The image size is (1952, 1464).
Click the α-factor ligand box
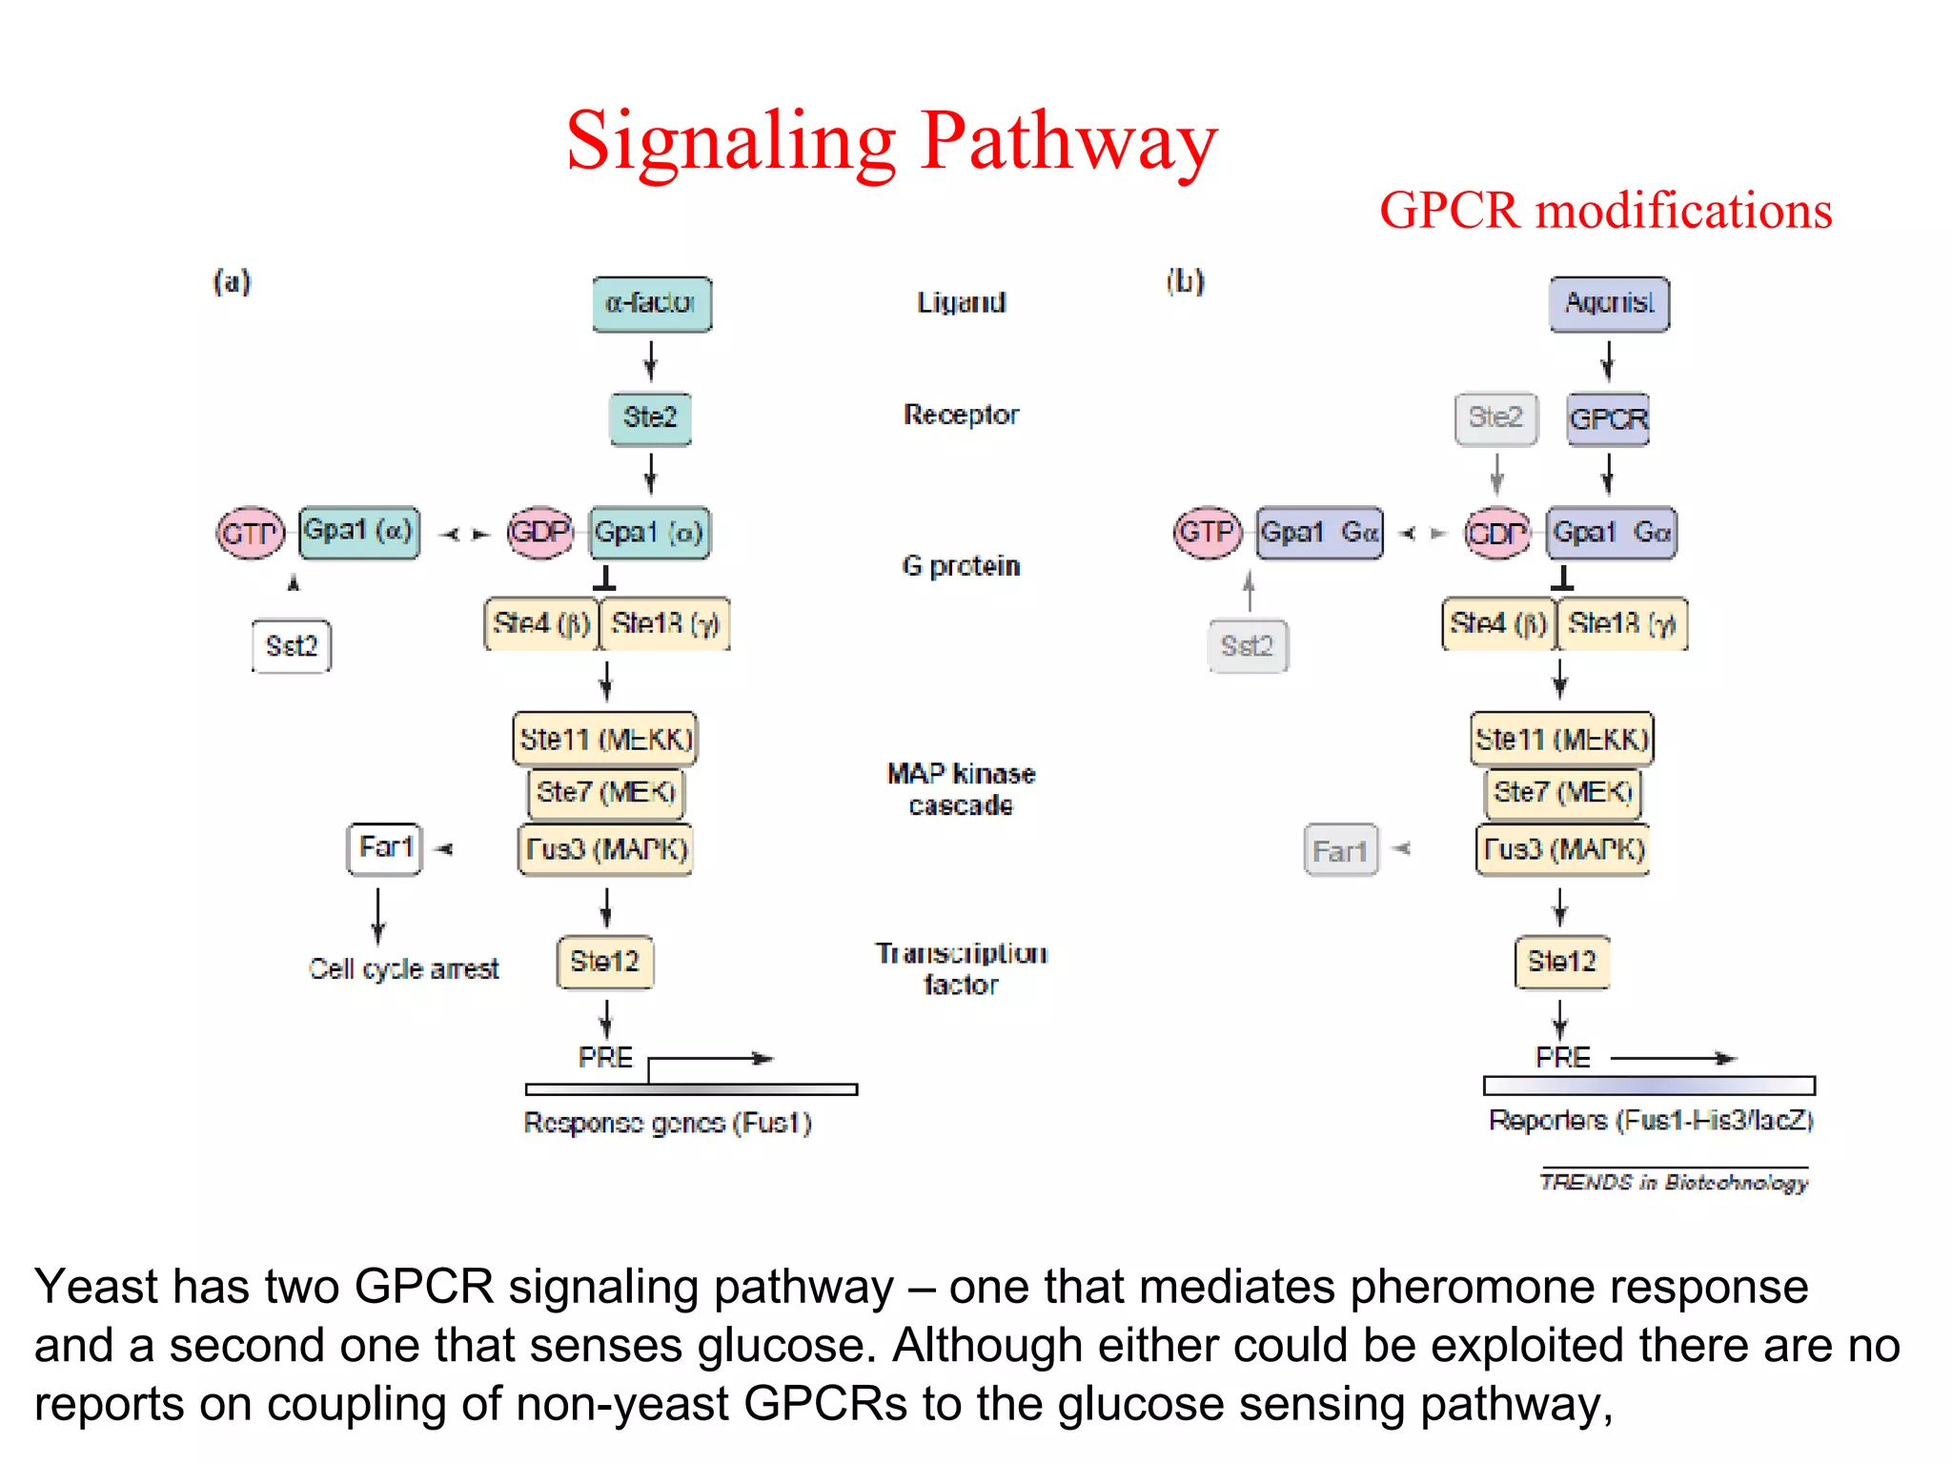[x=651, y=304]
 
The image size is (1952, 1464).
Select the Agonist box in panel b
[x=1609, y=304]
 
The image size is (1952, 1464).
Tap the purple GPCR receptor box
[x=1608, y=418]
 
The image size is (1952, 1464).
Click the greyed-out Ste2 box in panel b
[x=1495, y=418]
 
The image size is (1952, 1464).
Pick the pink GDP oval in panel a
[x=539, y=532]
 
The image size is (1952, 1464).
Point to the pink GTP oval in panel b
[x=1208, y=532]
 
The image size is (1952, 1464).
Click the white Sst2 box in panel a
[x=292, y=646]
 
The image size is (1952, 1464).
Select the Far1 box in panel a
[x=384, y=848]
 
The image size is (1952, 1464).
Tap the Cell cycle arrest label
[x=403, y=969]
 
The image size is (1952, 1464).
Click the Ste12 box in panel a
[x=605, y=962]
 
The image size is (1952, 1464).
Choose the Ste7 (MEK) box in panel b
[x=1563, y=793]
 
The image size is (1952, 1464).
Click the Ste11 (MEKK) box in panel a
[x=605, y=739]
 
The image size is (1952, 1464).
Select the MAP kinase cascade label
[x=961, y=789]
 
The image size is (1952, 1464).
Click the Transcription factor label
[x=961, y=968]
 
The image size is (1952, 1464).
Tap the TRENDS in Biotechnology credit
[x=1674, y=1182]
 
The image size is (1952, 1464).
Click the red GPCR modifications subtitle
[x=1605, y=211]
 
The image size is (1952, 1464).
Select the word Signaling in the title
[x=731, y=143]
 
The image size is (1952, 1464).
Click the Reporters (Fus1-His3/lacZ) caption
[x=1651, y=1120]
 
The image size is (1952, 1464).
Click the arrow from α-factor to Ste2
[x=651, y=361]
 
